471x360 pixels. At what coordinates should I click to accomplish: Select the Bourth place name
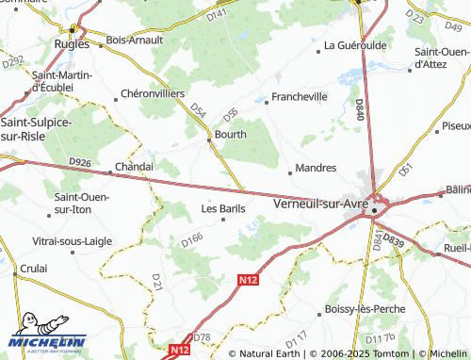click(x=230, y=135)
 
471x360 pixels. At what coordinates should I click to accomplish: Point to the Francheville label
click(x=299, y=96)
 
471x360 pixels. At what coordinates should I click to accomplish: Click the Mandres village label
click(x=316, y=167)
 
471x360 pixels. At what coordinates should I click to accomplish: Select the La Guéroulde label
click(x=355, y=45)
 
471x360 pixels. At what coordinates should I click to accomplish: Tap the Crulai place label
click(x=32, y=269)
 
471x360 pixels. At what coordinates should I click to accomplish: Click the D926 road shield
click(x=80, y=163)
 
